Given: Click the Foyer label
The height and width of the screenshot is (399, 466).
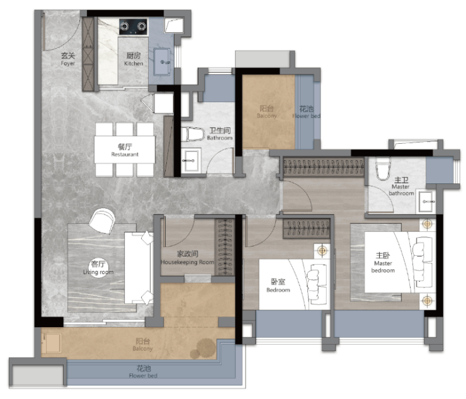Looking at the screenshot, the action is pos(68,59).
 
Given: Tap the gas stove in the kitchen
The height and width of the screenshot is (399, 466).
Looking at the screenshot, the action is pos(133,26).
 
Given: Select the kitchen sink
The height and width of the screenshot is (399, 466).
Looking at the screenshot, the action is pos(162,62).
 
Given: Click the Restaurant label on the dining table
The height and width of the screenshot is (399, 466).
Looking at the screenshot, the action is pos(125,150).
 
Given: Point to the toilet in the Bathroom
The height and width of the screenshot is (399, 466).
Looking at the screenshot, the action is pos(192,134).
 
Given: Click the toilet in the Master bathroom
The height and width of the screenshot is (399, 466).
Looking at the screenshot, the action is pos(382,169).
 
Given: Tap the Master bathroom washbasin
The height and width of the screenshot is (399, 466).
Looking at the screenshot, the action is pos(426,201).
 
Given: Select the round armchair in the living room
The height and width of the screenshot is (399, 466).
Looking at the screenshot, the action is pos(101,221).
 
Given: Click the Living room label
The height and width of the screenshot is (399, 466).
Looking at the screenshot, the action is pos(98,268).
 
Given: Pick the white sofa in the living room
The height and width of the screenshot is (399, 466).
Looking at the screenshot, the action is pos(139,267).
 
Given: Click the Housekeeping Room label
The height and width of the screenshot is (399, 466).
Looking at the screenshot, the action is pos(187,258).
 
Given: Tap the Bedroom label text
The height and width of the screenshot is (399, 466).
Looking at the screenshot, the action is pos(278,286).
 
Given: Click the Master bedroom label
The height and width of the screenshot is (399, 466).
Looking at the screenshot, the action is pos(383,263).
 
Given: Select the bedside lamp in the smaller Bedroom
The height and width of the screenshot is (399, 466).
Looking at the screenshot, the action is pos(322,250).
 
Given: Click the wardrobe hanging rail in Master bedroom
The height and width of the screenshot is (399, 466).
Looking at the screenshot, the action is pos(323,166).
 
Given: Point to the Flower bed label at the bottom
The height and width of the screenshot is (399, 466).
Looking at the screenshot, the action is pos(143,372).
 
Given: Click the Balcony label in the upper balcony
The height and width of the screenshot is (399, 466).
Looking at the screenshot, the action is pos(266,112).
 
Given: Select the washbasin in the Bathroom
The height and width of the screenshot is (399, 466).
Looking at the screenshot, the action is pos(190,161).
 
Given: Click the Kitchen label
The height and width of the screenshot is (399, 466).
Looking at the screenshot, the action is pos(134,59).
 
